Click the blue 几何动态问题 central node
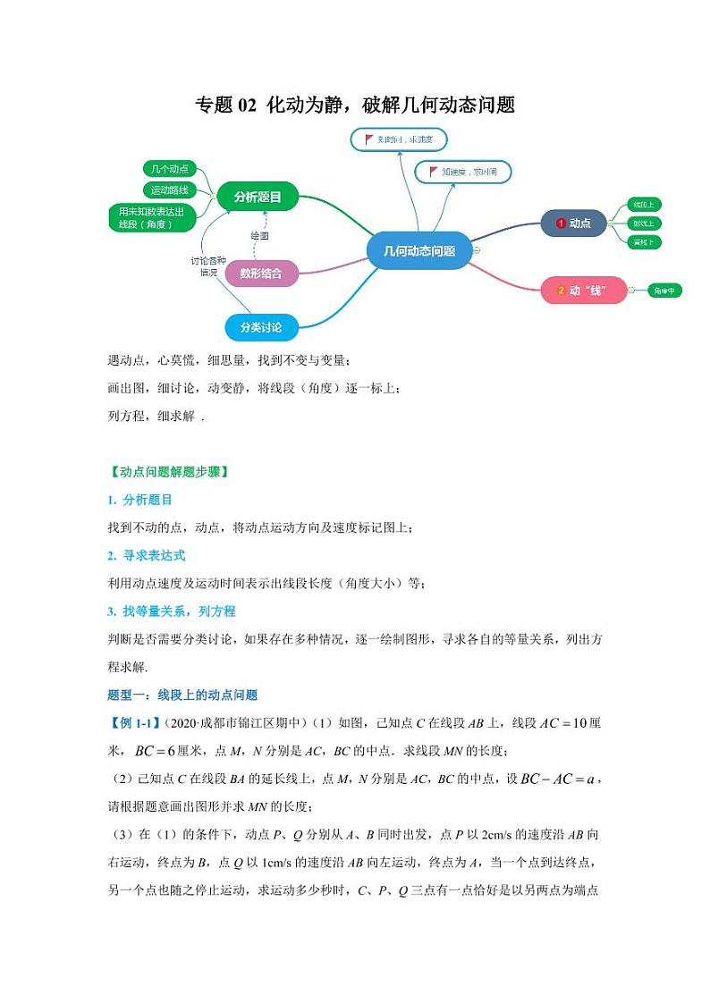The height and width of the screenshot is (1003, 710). (x=419, y=251)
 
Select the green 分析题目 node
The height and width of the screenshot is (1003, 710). (x=258, y=197)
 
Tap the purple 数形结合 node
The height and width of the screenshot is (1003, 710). (x=260, y=274)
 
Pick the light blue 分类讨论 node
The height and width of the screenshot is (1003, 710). (x=260, y=328)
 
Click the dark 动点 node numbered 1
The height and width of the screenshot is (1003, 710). (x=573, y=223)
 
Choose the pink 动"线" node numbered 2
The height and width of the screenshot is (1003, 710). (x=583, y=291)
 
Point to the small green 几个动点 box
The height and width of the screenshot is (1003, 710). (x=169, y=169)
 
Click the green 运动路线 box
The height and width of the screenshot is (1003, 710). (x=169, y=190)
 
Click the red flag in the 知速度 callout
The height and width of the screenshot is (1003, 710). (x=434, y=172)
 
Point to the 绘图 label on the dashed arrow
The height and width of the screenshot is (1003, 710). (x=259, y=235)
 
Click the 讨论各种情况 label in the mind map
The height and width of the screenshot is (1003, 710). (x=204, y=266)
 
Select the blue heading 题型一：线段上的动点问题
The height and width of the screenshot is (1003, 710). (x=182, y=695)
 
